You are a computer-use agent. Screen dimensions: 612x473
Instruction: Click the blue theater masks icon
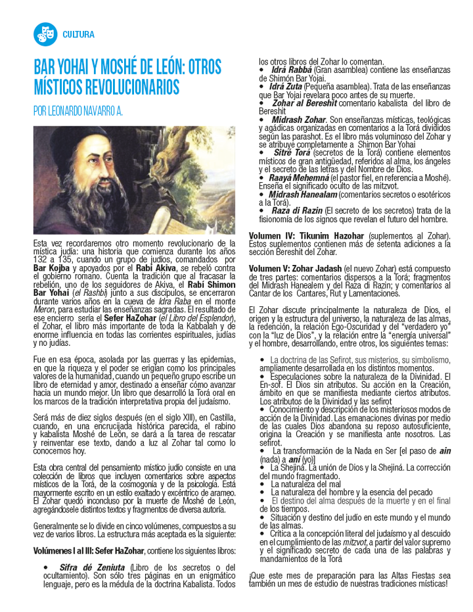(x=45, y=34)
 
